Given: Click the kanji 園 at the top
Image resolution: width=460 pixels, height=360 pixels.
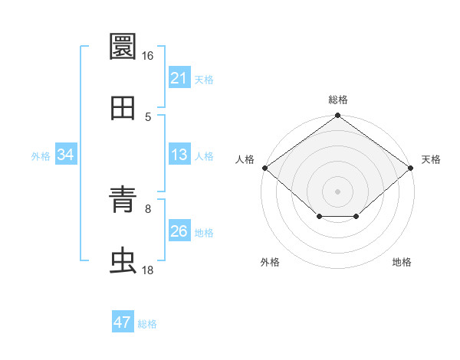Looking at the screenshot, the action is point(123,46).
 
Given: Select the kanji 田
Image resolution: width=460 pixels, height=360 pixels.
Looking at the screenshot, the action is point(123,108).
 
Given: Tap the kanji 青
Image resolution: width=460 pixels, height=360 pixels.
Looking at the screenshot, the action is point(123,199).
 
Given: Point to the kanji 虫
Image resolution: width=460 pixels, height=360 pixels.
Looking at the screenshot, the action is point(123,260).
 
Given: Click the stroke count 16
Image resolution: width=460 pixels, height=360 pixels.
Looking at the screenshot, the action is point(147,56).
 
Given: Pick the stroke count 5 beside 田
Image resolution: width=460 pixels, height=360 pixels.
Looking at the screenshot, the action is point(148,117).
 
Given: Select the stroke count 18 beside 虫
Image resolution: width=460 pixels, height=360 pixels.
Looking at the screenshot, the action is point(147,270).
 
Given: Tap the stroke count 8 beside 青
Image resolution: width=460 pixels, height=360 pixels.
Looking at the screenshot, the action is point(148,209).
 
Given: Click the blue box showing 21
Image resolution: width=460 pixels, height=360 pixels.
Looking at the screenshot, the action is point(179,77).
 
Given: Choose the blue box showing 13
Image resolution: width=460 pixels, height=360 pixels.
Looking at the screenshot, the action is point(179,154).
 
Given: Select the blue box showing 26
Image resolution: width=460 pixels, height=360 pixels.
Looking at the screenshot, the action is point(179,230).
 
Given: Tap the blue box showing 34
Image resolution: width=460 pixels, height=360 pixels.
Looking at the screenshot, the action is point(66,154).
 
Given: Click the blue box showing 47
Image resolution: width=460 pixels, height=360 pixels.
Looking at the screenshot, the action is point(123,321).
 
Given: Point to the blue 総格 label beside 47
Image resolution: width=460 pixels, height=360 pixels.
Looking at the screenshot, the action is point(147,324).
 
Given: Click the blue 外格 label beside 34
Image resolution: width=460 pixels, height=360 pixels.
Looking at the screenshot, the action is point(41,156).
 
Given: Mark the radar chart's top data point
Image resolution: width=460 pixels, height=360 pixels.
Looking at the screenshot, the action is point(337,115).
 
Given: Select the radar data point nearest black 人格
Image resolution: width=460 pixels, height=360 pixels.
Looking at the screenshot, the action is point(265,168).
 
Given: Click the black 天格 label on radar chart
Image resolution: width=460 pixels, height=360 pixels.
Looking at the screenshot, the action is point(431,159).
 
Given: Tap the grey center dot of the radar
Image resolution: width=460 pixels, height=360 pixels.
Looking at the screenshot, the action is point(337,191).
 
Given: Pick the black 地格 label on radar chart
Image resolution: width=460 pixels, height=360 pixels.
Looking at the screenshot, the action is point(402,262).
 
